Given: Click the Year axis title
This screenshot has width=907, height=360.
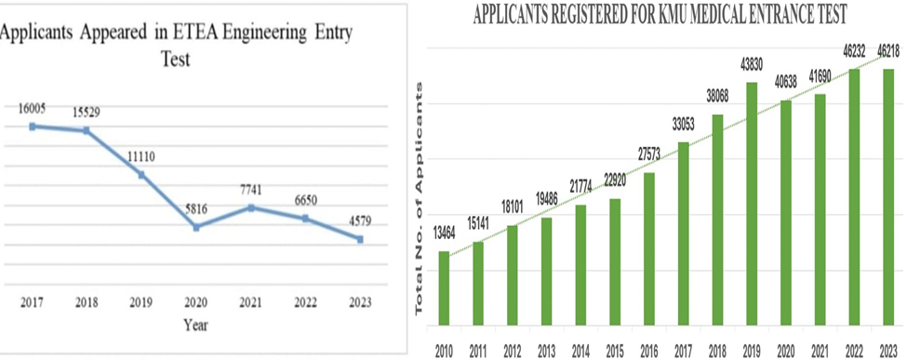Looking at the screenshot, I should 195,325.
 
